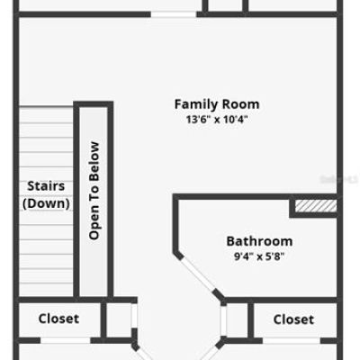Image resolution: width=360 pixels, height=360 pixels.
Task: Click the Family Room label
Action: click(x=217, y=104)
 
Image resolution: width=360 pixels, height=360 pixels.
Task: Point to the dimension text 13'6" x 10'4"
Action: click(x=217, y=120)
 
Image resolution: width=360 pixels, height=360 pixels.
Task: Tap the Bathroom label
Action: click(x=259, y=241)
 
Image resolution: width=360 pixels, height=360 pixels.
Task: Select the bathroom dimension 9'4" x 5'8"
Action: click(x=259, y=256)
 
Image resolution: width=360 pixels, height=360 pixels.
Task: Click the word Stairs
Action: click(x=46, y=186)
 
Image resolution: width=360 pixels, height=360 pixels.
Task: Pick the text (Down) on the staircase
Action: click(x=46, y=203)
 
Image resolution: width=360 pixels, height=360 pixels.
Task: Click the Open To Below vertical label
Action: click(x=94, y=191)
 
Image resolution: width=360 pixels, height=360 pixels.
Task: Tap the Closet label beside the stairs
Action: click(x=58, y=319)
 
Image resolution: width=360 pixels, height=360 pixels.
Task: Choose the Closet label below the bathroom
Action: click(x=293, y=319)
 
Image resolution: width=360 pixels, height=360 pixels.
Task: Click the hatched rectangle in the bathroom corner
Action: click(x=316, y=206)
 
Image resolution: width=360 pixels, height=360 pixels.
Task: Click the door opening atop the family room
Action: click(x=174, y=14)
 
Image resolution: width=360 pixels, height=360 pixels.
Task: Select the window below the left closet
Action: click(x=66, y=340)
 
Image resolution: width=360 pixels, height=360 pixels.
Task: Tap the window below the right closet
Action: click(x=292, y=340)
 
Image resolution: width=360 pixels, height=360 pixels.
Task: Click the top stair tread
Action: click(x=46, y=114)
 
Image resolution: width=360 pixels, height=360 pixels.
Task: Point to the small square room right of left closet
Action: click(x=119, y=319)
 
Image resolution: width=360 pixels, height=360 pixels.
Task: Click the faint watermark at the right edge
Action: click(x=339, y=179)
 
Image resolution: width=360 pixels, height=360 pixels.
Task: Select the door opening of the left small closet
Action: click(x=134, y=316)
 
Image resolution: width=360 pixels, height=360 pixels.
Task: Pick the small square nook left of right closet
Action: click(x=237, y=319)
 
